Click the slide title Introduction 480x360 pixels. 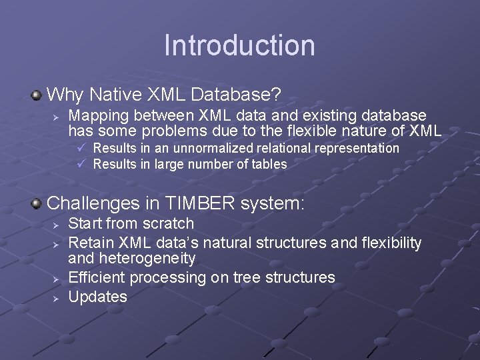[x=239, y=45]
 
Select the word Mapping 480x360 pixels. [x=100, y=115]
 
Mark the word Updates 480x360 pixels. [x=97, y=297]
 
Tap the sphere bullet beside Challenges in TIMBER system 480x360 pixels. [x=37, y=203]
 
